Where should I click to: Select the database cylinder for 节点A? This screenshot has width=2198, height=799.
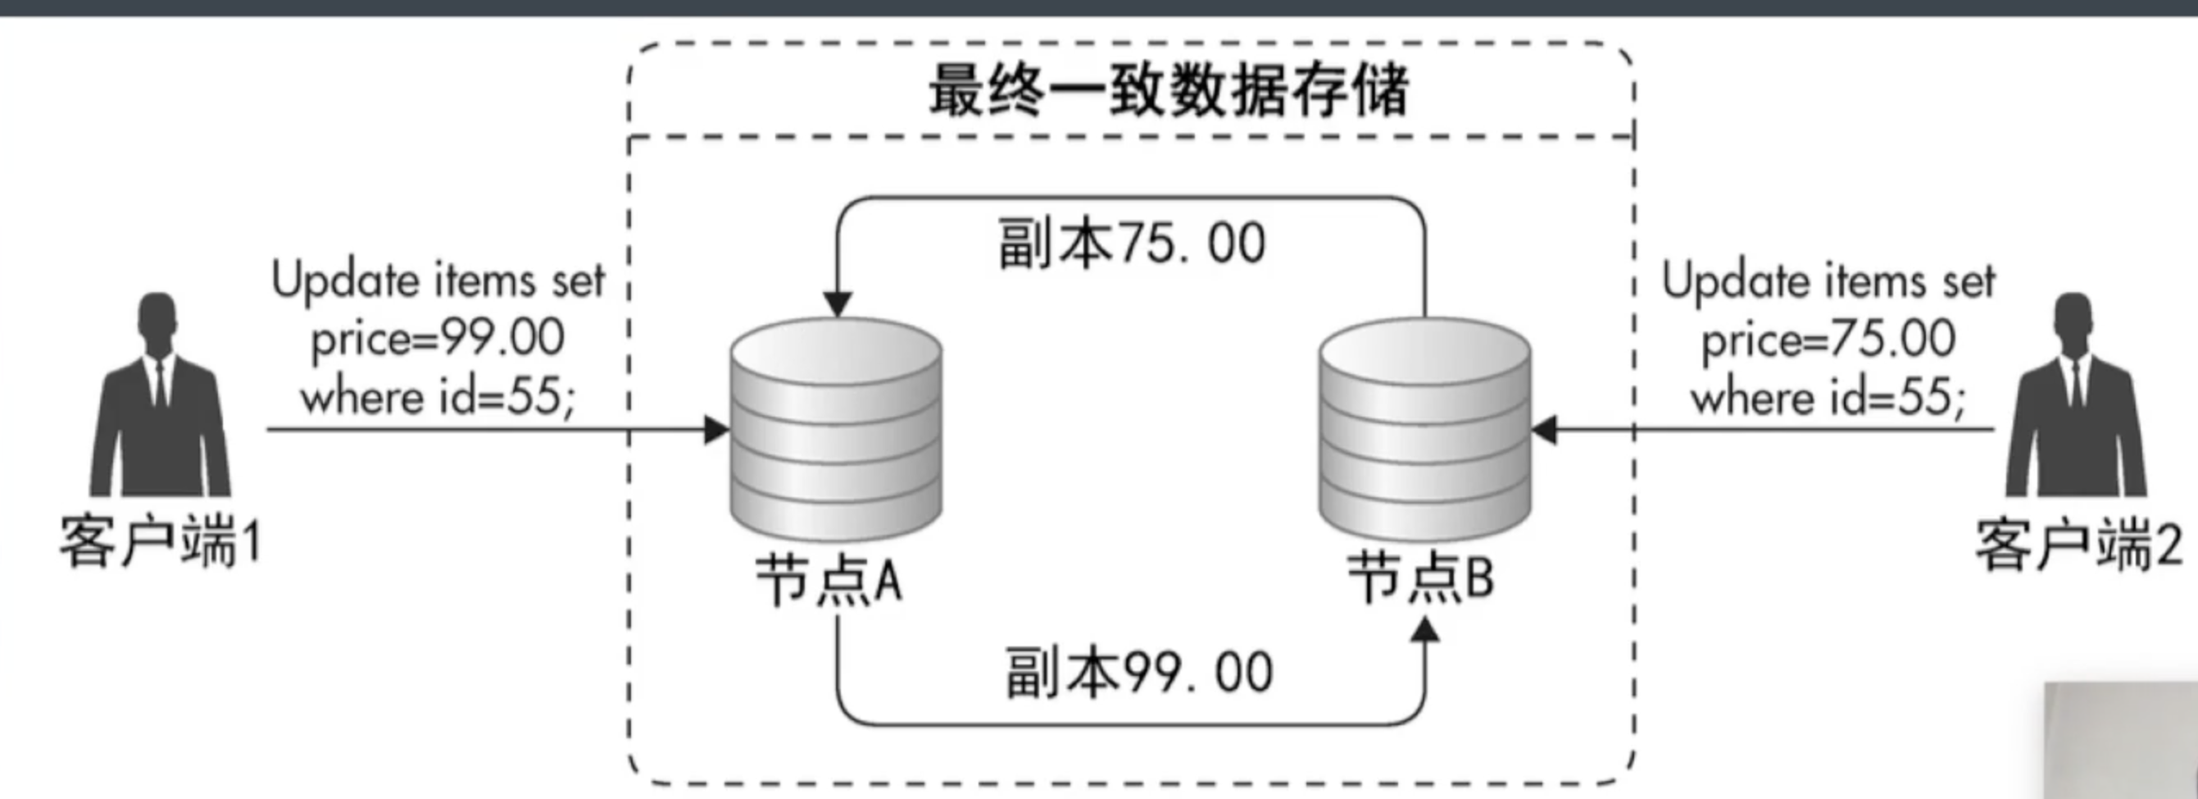836,427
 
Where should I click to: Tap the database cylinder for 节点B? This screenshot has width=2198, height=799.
1424,427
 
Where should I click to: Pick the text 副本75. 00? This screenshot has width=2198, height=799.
1132,244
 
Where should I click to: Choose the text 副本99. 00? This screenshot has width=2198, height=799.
1139,673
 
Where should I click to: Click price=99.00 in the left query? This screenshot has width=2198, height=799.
438,338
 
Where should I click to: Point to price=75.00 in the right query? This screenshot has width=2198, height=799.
1828,339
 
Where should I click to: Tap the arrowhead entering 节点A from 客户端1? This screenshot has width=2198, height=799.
717,429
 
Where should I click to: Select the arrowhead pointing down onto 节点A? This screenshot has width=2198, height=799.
837,304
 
